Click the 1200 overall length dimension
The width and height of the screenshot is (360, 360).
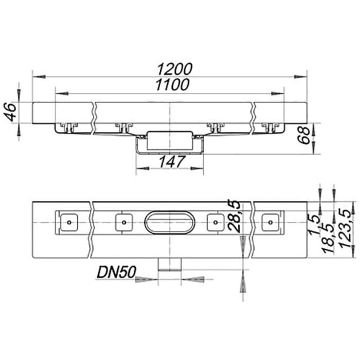point(174,68)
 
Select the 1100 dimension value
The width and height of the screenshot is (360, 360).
point(172,85)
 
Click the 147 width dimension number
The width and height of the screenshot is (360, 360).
point(170,162)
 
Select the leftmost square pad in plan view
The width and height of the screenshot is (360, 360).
point(68,222)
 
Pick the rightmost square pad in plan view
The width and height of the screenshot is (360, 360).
point(269,222)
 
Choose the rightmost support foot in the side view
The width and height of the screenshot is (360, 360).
point(269,127)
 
